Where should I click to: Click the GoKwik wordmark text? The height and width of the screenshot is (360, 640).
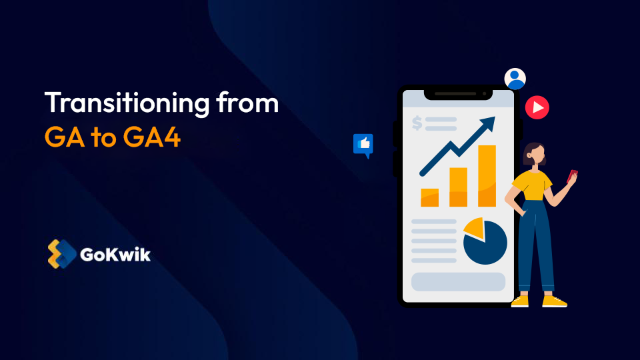(115, 255)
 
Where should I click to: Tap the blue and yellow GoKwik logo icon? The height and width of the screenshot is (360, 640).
(61, 254)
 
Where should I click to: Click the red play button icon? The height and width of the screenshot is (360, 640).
(537, 107)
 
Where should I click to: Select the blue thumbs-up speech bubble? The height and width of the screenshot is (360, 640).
(363, 144)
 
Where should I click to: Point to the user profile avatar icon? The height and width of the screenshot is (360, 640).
(515, 79)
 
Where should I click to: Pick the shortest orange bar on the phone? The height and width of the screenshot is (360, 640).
(429, 197)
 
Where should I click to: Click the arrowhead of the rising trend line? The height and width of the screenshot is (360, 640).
(489, 123)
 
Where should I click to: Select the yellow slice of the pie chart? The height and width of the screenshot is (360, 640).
(475, 227)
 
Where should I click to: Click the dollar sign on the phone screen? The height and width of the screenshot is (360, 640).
(417, 123)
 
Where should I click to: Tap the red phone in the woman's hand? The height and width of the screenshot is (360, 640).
(572, 176)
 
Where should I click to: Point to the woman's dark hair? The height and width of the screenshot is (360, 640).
(531, 149)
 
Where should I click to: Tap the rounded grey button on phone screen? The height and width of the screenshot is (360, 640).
(458, 281)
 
